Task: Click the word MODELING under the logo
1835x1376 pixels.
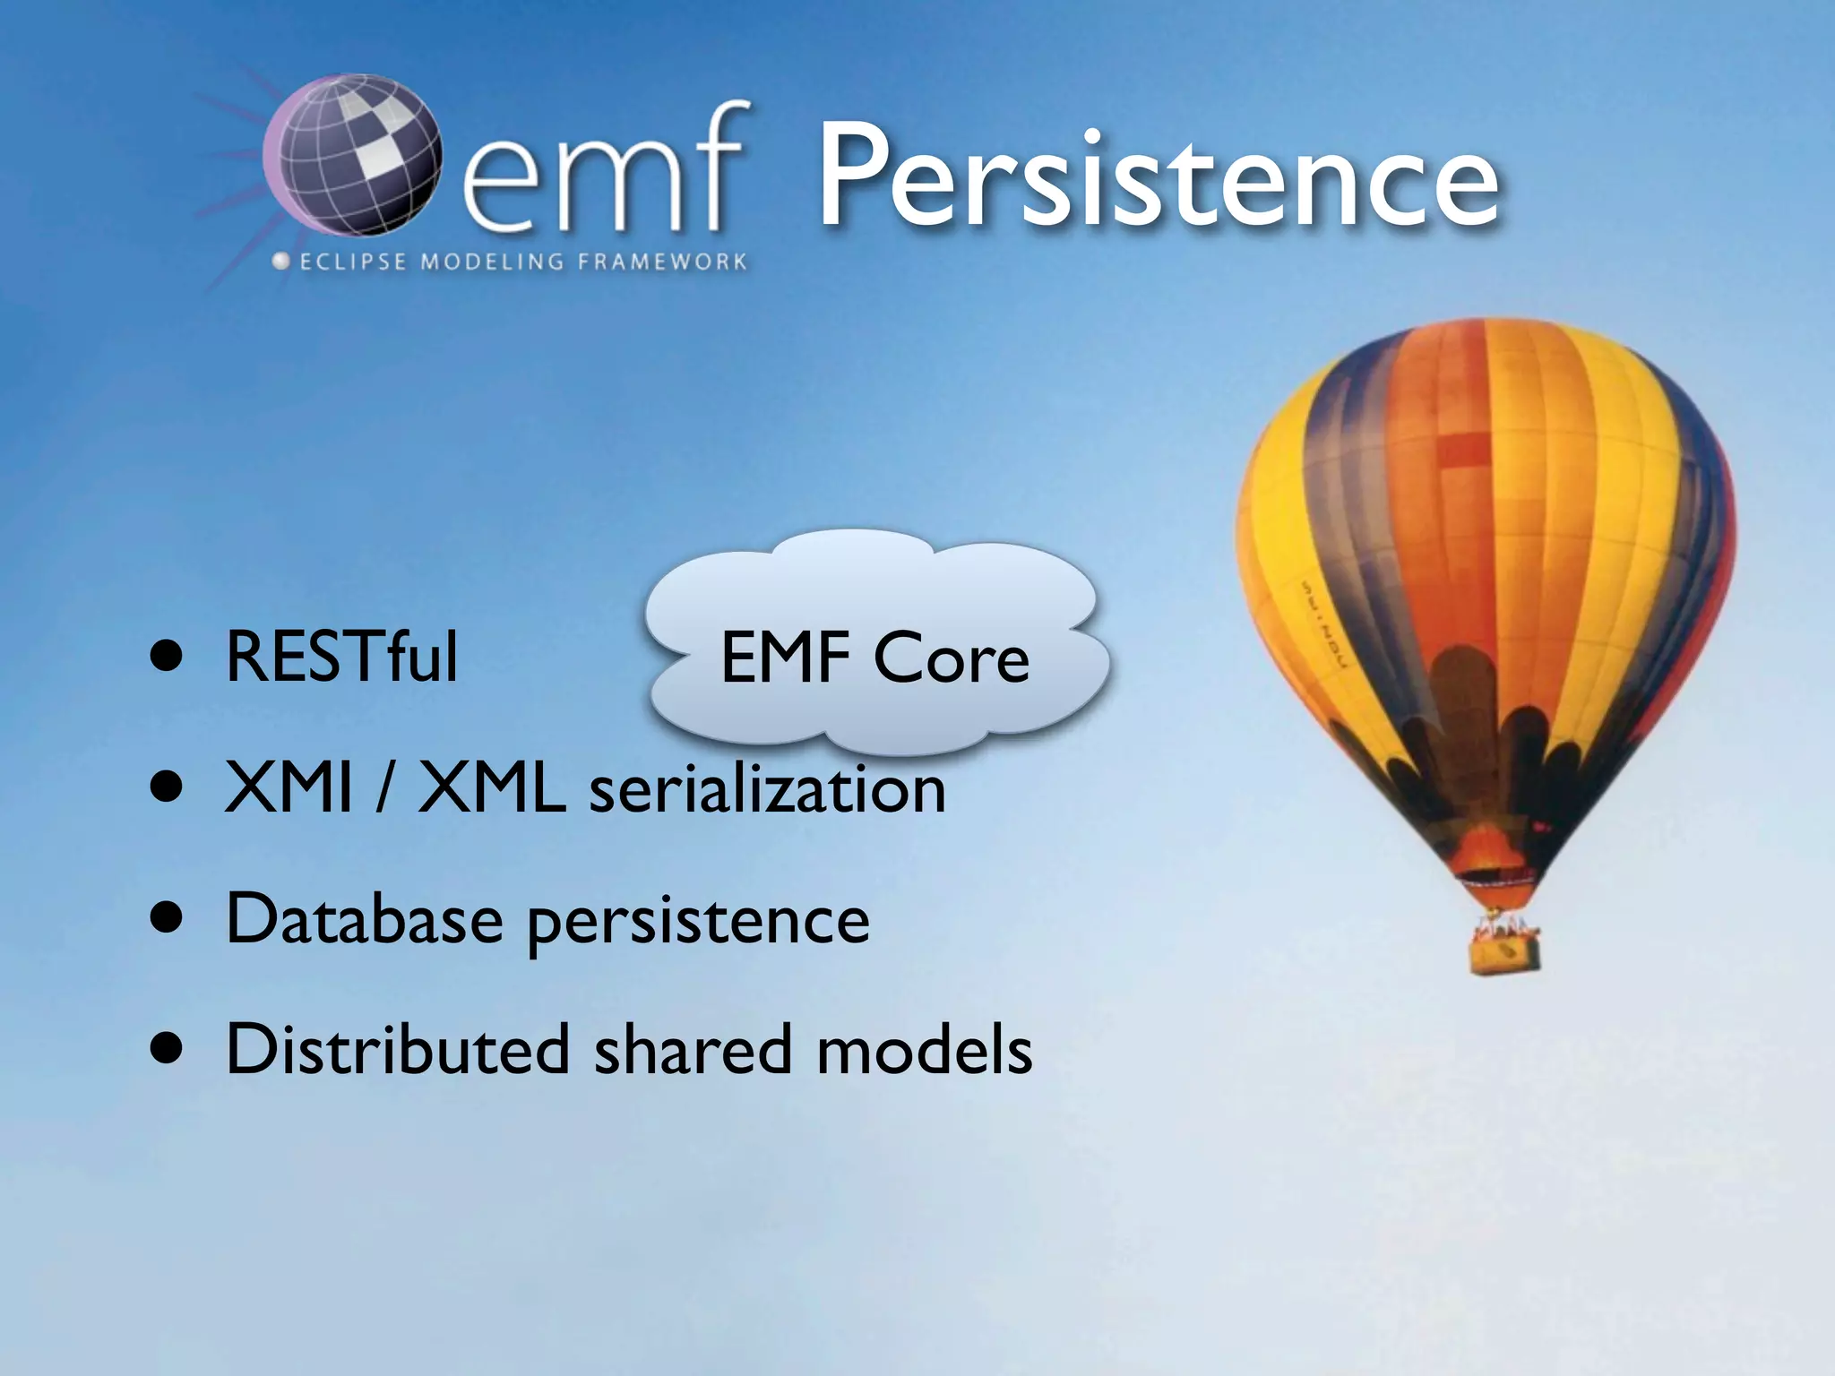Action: tap(492, 262)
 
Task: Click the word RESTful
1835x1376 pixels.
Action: tap(341, 658)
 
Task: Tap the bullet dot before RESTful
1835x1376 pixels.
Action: tap(168, 658)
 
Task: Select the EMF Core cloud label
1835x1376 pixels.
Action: tap(874, 658)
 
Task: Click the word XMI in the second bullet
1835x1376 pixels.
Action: tap(289, 788)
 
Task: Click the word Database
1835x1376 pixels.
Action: tap(364, 919)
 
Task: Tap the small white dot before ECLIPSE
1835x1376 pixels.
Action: tap(281, 262)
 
